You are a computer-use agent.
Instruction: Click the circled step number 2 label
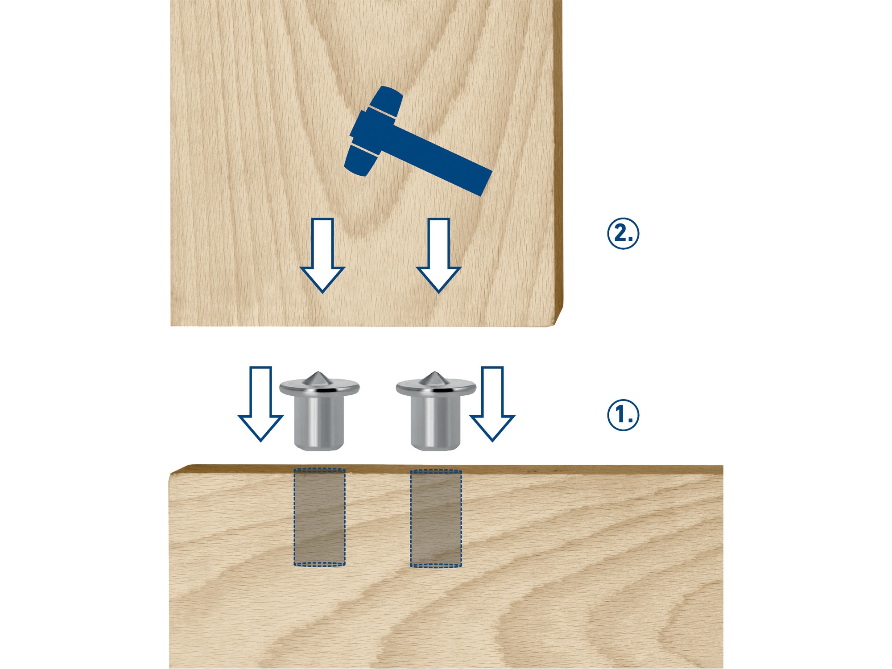tap(623, 233)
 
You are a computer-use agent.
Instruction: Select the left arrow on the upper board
tap(322, 255)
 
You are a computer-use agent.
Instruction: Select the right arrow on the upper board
tap(438, 255)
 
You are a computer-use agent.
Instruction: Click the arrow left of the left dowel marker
tap(260, 404)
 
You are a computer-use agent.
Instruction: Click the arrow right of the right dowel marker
tap(492, 404)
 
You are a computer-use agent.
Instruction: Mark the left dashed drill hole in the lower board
tap(319, 517)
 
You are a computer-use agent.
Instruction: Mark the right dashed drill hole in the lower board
tap(436, 518)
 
